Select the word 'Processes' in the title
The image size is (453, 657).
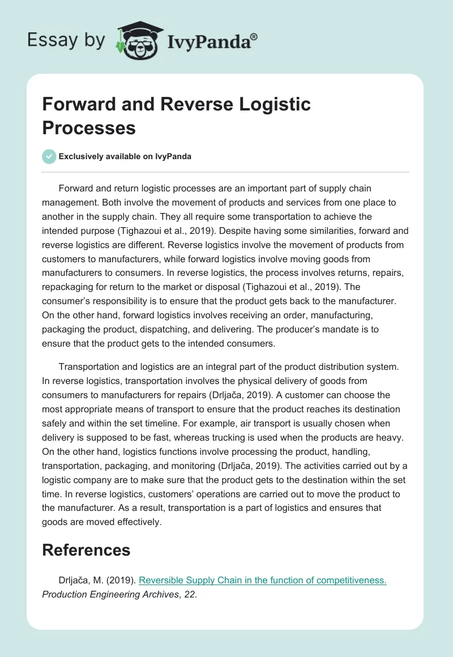[x=89, y=127]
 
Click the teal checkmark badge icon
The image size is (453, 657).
[x=49, y=156]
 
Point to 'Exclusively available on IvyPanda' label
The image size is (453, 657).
[x=125, y=156]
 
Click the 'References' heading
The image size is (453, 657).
[x=86, y=549]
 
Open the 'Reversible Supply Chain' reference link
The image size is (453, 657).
[x=262, y=581]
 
